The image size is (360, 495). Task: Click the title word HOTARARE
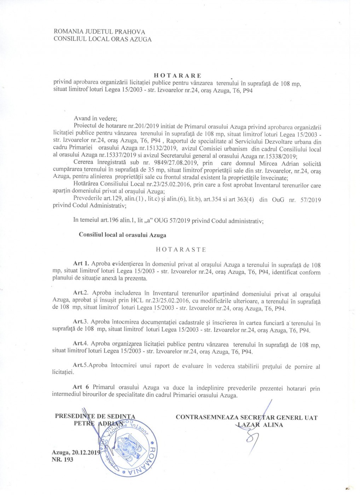[x=178, y=76]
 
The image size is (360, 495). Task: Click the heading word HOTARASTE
[x=181, y=250]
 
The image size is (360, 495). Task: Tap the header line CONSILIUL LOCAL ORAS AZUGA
[x=103, y=39]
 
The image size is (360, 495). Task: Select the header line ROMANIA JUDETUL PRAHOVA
[x=99, y=32]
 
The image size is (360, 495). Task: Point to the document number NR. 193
[x=62, y=460]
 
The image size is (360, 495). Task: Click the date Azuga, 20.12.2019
[x=76, y=453]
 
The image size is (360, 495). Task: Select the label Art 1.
[x=81, y=264]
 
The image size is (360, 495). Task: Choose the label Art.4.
[x=80, y=343]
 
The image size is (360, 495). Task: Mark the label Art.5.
[x=80, y=365]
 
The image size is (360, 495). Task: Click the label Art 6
[x=81, y=387]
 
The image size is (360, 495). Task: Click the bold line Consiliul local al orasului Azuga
[x=122, y=235]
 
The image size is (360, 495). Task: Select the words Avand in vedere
[x=95, y=118]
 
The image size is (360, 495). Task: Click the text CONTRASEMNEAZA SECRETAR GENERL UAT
[x=246, y=418]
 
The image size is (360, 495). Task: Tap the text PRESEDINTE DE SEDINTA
[x=95, y=416]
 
